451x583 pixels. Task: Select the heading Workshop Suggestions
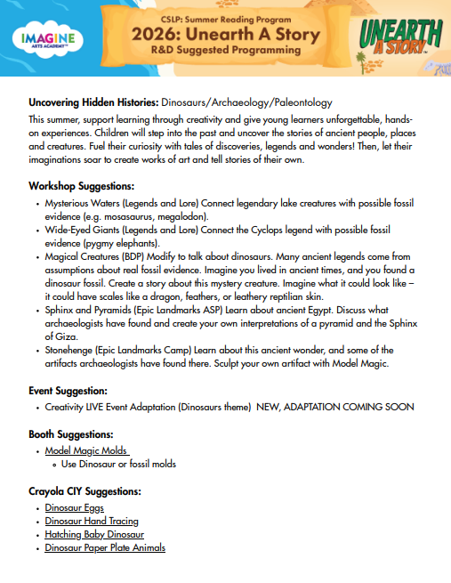[82, 186]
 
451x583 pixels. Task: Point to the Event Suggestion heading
[68, 390]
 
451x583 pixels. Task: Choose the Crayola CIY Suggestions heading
[85, 491]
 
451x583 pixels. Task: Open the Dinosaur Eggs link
[75, 507]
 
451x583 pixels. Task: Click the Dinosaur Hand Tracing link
[92, 521]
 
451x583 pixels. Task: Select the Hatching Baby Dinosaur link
[94, 534]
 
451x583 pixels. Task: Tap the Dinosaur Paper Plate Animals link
[105, 547]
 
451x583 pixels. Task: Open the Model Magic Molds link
[86, 451]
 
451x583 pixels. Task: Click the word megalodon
[183, 215]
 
